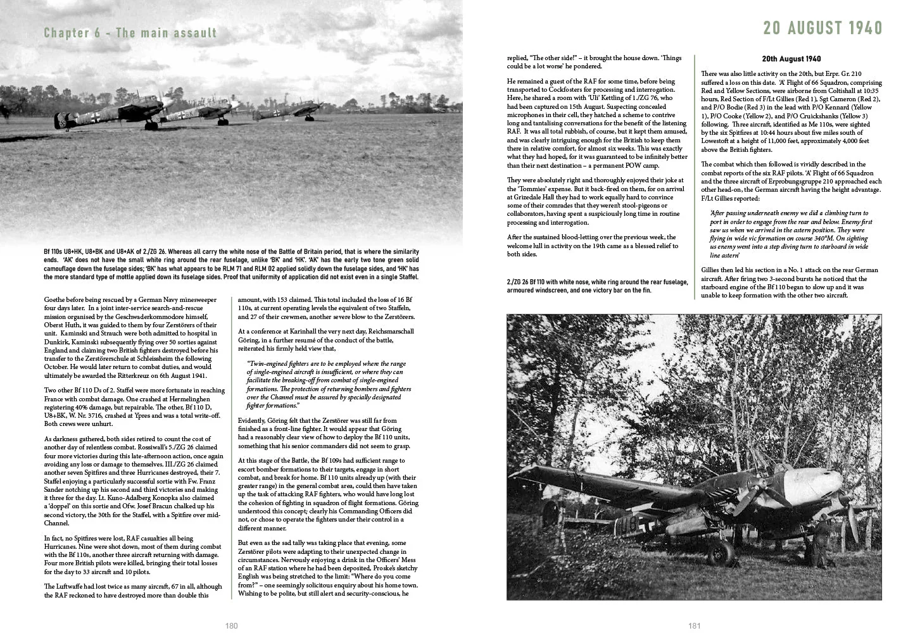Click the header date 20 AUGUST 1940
click(822, 28)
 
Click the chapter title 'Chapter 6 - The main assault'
click(130, 33)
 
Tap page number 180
click(231, 625)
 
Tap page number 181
click(694, 625)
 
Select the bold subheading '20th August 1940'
click(791, 59)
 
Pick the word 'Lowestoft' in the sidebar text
click(719, 141)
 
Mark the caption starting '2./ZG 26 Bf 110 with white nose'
click(597, 286)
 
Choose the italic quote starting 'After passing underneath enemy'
click(791, 234)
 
